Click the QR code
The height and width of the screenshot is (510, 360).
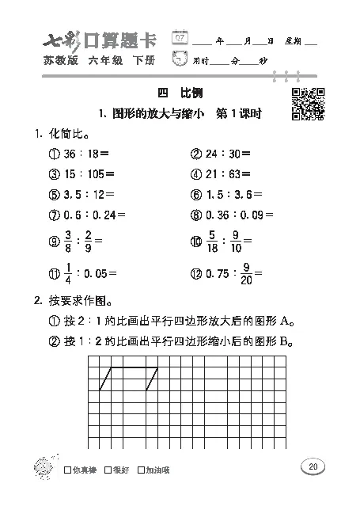(x=308, y=103)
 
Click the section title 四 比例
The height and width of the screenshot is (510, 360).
(x=181, y=93)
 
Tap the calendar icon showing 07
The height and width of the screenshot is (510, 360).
(x=181, y=39)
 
